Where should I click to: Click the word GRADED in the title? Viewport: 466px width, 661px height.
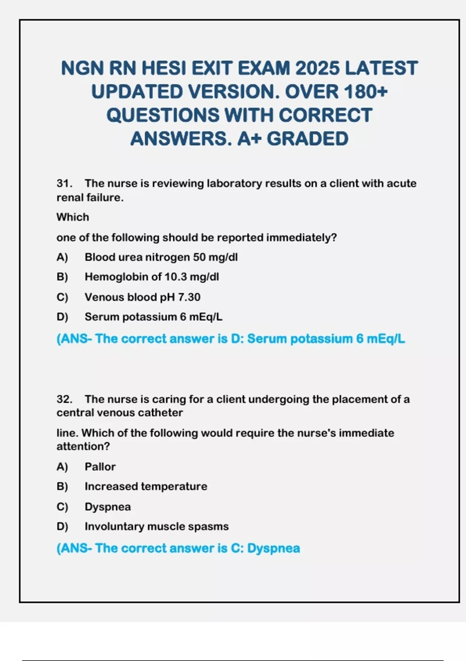(308, 139)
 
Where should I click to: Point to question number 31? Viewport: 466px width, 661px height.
(64, 183)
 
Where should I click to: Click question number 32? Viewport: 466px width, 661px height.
(64, 399)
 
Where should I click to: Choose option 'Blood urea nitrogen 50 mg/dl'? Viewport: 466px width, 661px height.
(161, 257)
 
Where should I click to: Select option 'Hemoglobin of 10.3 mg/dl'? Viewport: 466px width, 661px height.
(151, 277)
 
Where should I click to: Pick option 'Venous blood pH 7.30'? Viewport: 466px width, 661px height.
(142, 297)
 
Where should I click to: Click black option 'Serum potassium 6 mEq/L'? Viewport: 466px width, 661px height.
(153, 317)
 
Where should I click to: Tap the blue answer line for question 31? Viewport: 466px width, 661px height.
(231, 339)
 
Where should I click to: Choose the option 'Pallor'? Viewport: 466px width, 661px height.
(100, 467)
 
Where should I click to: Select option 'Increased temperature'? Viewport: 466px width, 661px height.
(146, 486)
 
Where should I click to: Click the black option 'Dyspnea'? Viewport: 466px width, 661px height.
(108, 507)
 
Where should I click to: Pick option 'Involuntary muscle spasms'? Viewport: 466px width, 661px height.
(156, 526)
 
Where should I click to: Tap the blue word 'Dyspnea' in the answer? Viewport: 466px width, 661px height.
(273, 548)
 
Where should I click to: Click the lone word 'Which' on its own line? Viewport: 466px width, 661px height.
(73, 217)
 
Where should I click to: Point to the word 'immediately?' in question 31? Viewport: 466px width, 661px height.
(301, 238)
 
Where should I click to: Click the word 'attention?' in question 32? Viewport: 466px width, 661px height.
(83, 446)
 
